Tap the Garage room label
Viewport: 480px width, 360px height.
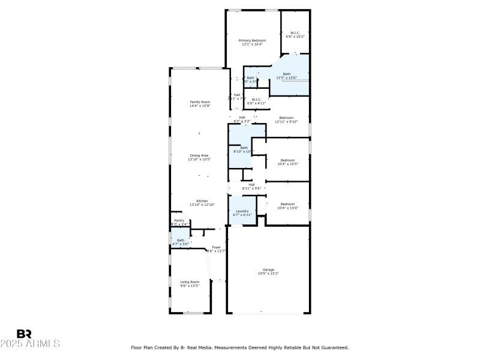point(268,269)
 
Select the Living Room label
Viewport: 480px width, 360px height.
point(190,281)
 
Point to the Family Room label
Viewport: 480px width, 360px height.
point(200,102)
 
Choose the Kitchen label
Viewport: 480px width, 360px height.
point(202,201)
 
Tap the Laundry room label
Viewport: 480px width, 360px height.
point(242,211)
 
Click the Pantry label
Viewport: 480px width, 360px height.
point(179,221)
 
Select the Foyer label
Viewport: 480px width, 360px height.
point(216,247)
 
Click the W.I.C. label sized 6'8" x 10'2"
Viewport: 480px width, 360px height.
point(295,33)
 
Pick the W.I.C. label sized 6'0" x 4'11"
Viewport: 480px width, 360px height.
point(256,100)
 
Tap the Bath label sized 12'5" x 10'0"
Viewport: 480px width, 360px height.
point(286,74)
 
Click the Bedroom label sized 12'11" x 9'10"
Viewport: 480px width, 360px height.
point(286,118)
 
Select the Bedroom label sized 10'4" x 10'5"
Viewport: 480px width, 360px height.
point(288,160)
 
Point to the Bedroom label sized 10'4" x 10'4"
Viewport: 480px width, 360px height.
point(288,204)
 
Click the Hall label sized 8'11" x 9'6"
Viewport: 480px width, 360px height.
point(251,184)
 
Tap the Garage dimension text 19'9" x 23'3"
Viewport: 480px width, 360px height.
point(268,273)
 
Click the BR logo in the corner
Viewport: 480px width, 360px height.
point(24,334)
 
